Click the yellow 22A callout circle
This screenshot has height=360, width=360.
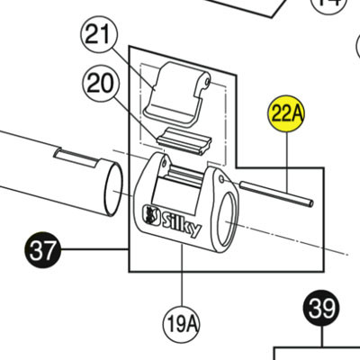click(286, 114)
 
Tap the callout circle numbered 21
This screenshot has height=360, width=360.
click(98, 35)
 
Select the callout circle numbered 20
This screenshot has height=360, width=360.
click(101, 84)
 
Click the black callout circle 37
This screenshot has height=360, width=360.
click(42, 249)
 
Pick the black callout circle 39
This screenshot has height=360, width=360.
click(321, 308)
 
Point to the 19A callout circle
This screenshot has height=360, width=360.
click(182, 324)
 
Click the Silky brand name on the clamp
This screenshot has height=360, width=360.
click(182, 223)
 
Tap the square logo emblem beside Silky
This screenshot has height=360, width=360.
click(151, 214)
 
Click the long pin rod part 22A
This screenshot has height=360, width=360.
click(276, 193)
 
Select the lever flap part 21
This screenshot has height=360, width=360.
click(177, 95)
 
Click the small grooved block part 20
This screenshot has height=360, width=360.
click(184, 140)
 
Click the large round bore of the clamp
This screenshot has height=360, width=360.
click(228, 220)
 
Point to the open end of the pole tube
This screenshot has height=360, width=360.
click(113, 189)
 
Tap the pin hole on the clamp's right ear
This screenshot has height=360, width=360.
click(221, 179)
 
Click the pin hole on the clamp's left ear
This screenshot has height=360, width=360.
click(164, 162)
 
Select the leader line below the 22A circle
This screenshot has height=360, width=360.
click(287, 163)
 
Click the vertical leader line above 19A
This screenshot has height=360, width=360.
click(182, 275)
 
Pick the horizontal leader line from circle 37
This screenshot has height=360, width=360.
click(95, 249)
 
